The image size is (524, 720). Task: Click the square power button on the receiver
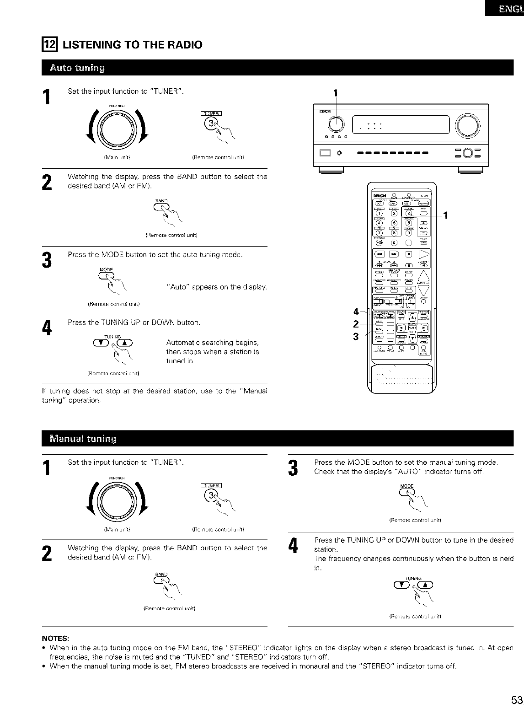pyautogui.click(x=326, y=153)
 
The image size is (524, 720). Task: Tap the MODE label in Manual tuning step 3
pyautogui.click(x=406, y=485)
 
